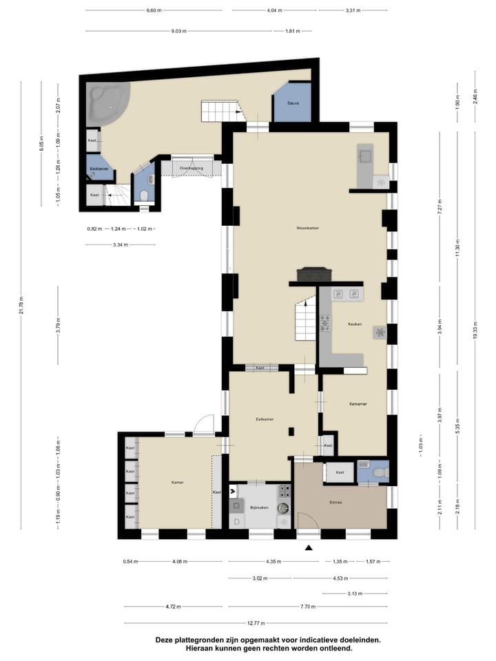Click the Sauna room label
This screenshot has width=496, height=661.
click(x=293, y=103)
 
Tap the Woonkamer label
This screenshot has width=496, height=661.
click(x=307, y=227)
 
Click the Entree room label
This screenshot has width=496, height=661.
click(x=336, y=502)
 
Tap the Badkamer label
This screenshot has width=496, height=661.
click(x=98, y=168)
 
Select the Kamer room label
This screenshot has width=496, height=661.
click(x=177, y=483)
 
